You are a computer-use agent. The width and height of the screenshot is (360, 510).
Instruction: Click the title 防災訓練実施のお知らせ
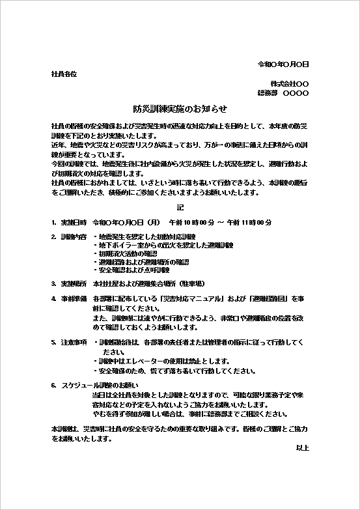click(180, 109)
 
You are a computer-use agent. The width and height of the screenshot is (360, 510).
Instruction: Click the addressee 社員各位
click(64, 74)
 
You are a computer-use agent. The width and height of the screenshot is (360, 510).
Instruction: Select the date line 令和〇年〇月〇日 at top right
click(283, 64)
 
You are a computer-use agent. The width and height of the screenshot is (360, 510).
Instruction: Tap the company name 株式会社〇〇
click(290, 84)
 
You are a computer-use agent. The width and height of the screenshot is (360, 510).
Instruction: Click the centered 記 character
click(180, 208)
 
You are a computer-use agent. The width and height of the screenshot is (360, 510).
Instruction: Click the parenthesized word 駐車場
click(191, 284)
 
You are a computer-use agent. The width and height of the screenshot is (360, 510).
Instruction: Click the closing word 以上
click(302, 448)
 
